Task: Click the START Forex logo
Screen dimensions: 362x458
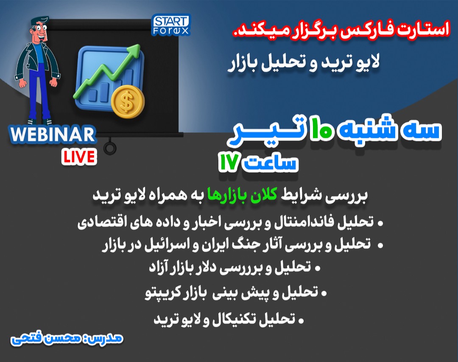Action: coord(171,25)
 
